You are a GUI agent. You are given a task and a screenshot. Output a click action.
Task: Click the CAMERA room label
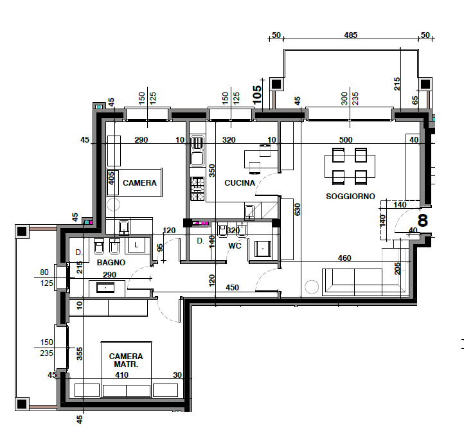tap(139, 183)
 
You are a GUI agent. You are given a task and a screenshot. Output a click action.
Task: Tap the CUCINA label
tap(240, 183)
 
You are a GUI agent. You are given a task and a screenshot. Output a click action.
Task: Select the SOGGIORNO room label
tap(350, 196)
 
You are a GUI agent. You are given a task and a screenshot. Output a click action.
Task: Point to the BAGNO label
tap(111, 262)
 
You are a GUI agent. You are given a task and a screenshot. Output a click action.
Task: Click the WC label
tap(235, 245)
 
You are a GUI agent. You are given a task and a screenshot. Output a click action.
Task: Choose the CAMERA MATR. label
tap(126, 360)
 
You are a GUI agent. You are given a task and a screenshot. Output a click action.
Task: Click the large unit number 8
tap(423, 220)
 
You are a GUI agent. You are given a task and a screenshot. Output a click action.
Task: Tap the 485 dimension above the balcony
tap(351, 35)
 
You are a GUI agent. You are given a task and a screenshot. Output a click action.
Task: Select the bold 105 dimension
tap(257, 94)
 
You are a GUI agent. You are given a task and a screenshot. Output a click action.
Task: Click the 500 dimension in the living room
tap(346, 139)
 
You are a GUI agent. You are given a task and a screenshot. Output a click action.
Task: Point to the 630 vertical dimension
tap(298, 209)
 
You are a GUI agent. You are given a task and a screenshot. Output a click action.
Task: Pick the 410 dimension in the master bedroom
tap(121, 375)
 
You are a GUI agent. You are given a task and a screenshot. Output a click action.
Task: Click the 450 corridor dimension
tap(232, 288)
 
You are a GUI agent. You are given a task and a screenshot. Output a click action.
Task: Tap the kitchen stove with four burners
tap(197, 189)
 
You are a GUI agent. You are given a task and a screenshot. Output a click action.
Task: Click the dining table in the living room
tap(350, 166)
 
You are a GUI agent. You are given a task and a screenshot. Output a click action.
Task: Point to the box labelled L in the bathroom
tap(136, 245)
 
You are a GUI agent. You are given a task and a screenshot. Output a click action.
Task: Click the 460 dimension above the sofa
tap(344, 258)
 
